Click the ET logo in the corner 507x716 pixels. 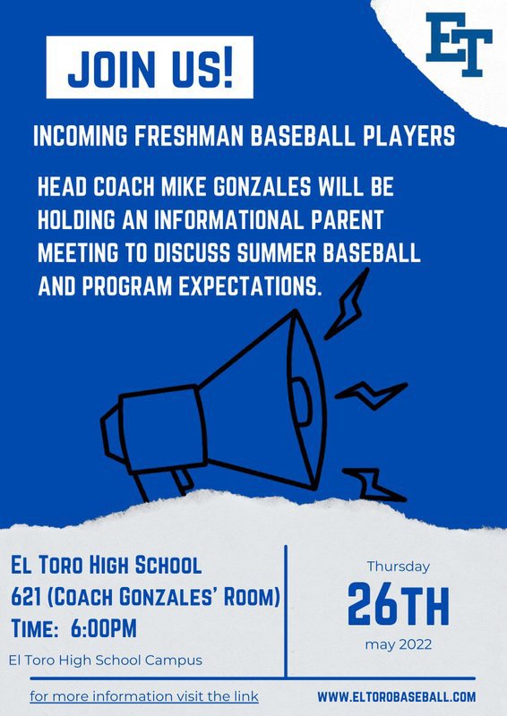[x=459, y=44]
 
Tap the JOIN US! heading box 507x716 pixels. [x=150, y=67]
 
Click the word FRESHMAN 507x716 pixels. [x=184, y=136]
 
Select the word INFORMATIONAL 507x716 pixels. [x=228, y=220]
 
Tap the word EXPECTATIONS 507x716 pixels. [x=247, y=286]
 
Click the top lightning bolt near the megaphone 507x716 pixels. [x=347, y=303]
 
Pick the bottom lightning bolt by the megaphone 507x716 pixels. [x=373, y=485]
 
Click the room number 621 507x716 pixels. [x=27, y=597]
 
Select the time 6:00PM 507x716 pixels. [x=103, y=629]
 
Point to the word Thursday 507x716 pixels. [x=399, y=567]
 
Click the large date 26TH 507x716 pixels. [x=399, y=603]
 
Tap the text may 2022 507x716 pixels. [x=399, y=644]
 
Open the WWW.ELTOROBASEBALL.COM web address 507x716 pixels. [x=396, y=697]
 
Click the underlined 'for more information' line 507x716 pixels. [x=144, y=697]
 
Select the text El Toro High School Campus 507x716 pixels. [x=106, y=661]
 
